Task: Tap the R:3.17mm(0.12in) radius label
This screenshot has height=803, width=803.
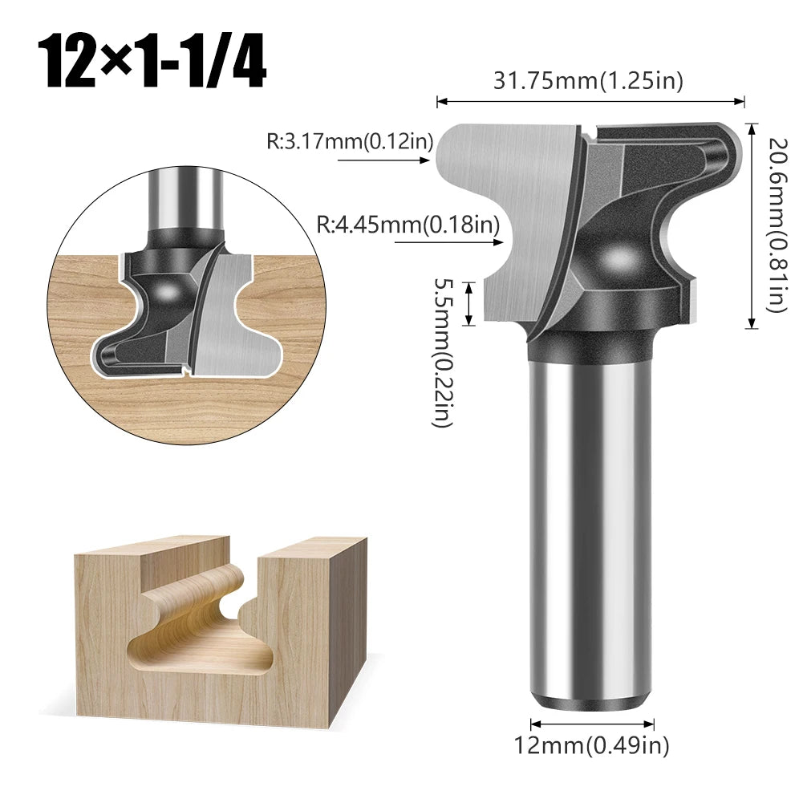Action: point(350,142)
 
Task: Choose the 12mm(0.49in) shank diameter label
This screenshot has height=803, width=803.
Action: point(591,746)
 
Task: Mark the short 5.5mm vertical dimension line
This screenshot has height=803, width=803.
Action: point(471,303)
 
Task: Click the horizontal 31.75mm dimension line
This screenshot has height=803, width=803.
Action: point(590,102)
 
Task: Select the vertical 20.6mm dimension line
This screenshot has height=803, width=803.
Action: point(752,225)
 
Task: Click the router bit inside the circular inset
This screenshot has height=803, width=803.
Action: point(185,305)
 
